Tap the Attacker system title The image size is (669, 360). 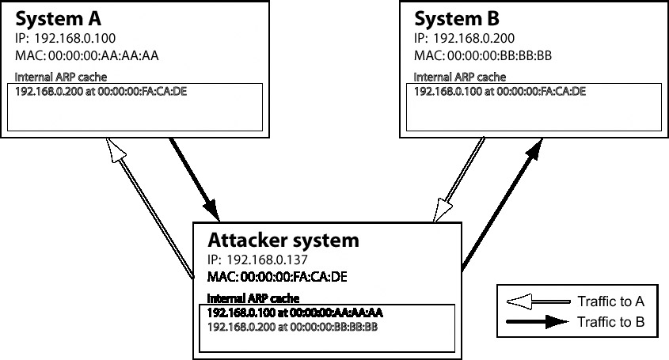(283, 239)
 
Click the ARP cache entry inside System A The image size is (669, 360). (101, 91)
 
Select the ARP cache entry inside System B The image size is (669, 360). (500, 91)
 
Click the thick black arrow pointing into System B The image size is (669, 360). (499, 206)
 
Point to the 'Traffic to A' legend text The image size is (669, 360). (610, 301)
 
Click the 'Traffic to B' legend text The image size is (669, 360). (610, 322)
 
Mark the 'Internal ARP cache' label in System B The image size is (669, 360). (460, 77)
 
